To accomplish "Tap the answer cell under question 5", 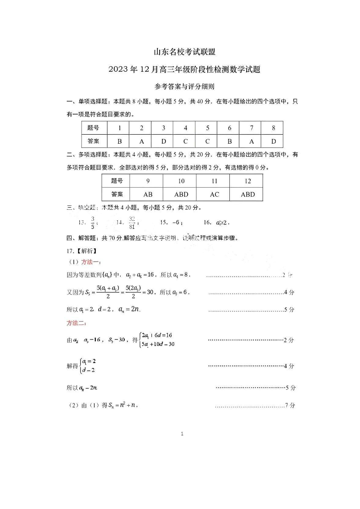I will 208,141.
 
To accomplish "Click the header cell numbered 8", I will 273,128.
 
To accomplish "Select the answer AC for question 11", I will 214,194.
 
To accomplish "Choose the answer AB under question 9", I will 148,194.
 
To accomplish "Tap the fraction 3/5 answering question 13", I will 92,223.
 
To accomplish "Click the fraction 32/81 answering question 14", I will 132,223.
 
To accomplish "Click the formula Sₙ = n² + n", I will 122,405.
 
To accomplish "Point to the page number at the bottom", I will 182,434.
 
